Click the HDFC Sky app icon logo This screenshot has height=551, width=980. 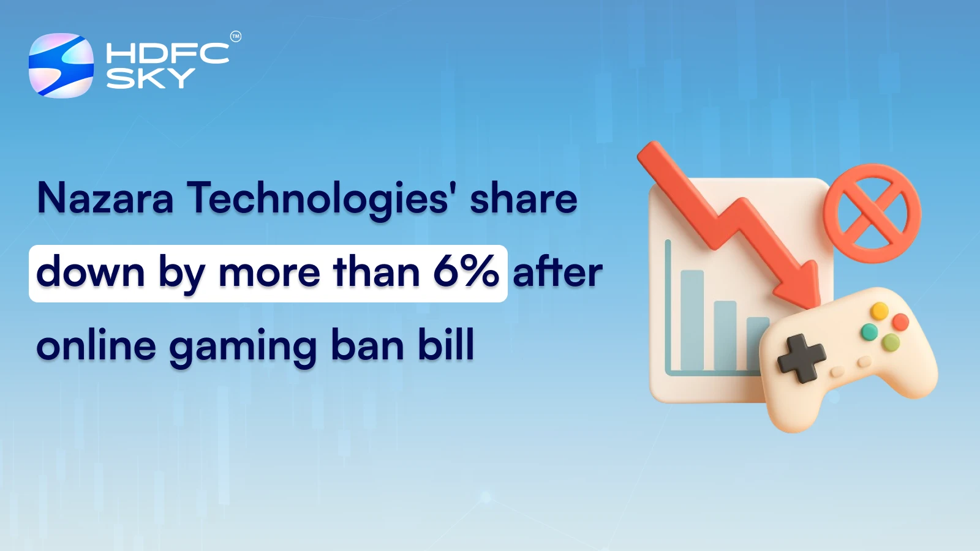pyautogui.click(x=61, y=66)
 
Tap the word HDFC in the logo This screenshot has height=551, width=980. pyautogui.click(x=167, y=53)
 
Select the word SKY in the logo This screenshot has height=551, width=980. pyautogui.click(x=151, y=78)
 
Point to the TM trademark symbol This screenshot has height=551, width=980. pyautogui.click(x=236, y=37)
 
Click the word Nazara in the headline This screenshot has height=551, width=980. pyautogui.click(x=105, y=198)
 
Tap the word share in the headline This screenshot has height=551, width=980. pyautogui.click(x=524, y=198)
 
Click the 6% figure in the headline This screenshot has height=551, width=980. pyautogui.click(x=466, y=272)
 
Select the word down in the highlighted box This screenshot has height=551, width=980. pyautogui.click(x=90, y=272)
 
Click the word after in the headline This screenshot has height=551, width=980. pyautogui.click(x=557, y=272)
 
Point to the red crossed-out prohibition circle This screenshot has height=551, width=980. pyautogui.click(x=872, y=213)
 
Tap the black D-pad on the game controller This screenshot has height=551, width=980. pyautogui.click(x=801, y=358)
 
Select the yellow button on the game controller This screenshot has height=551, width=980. pyautogui.click(x=880, y=311)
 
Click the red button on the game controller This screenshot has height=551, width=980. pyautogui.click(x=900, y=322)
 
